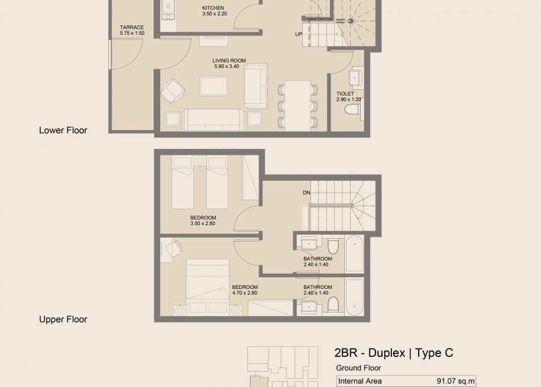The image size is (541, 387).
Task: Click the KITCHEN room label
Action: point(213,8)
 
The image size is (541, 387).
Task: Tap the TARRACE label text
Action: point(132,27)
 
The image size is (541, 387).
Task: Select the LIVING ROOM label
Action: point(229,61)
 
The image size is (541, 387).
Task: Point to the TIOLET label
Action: point(345,94)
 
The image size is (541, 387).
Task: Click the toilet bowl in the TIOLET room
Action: point(352,110)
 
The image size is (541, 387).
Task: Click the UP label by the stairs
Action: point(299,34)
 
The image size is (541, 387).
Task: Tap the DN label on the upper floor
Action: point(306,193)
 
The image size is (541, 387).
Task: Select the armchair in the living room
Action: point(173,91)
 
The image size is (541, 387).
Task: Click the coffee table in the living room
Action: point(213,86)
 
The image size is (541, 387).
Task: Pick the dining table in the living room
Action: point(297,106)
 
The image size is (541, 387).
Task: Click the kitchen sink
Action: point(169,11)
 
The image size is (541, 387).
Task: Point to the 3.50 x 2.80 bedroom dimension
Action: point(203,223)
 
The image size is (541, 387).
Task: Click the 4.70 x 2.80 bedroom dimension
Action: point(245,293)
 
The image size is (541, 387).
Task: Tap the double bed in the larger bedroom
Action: point(208,287)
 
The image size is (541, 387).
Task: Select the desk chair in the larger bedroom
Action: point(174,249)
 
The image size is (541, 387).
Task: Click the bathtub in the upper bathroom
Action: point(354,254)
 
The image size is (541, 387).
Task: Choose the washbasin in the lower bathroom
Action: point(309,306)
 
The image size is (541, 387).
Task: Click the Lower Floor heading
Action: point(63,131)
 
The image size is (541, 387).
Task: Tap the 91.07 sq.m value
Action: point(456,381)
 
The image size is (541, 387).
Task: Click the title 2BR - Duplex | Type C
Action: point(394,353)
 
